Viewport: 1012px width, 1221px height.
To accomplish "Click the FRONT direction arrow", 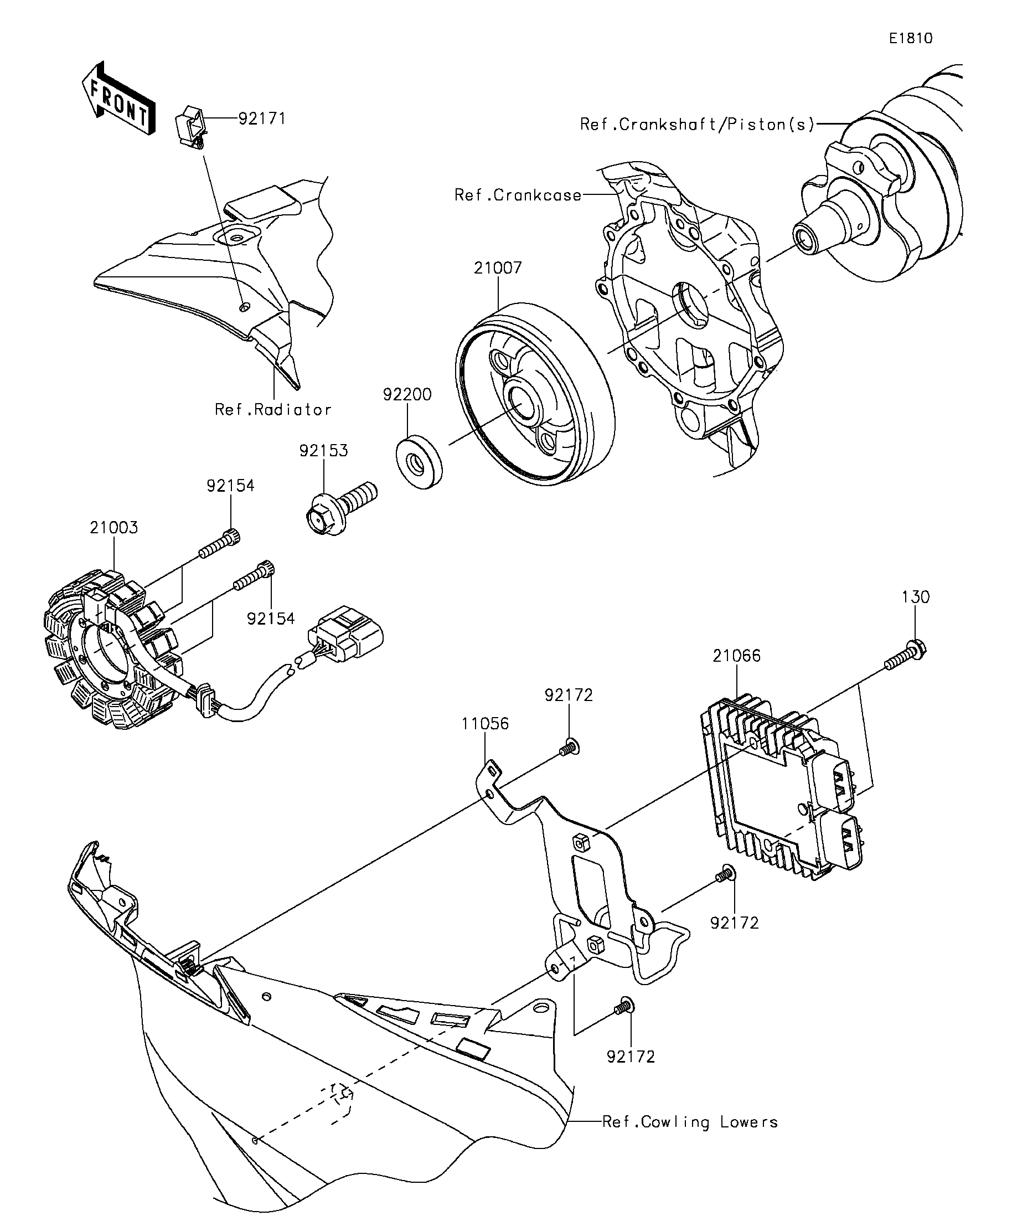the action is coord(118,98).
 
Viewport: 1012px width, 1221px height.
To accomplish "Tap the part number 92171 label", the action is coord(262,119).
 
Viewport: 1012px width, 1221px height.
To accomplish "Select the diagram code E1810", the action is coord(911,38).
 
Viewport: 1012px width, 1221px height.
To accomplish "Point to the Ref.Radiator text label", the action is coord(273,409).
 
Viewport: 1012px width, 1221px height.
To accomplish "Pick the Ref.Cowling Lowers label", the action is coord(690,1121).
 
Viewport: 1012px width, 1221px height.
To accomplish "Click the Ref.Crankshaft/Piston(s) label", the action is coord(698,125).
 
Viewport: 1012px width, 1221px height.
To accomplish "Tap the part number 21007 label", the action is coord(498,268).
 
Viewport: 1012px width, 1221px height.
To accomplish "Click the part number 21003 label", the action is coord(114,527).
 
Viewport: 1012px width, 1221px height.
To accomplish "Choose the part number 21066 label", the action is coord(736,656).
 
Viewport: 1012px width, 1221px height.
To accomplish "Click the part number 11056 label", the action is coord(486,723).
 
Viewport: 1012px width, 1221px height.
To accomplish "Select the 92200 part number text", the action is coord(407,395).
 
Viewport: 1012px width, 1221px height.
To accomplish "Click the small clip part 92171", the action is coord(190,126).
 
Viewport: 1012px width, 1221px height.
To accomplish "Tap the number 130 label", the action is coord(916,596).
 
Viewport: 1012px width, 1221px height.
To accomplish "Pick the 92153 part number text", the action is coord(324,451).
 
